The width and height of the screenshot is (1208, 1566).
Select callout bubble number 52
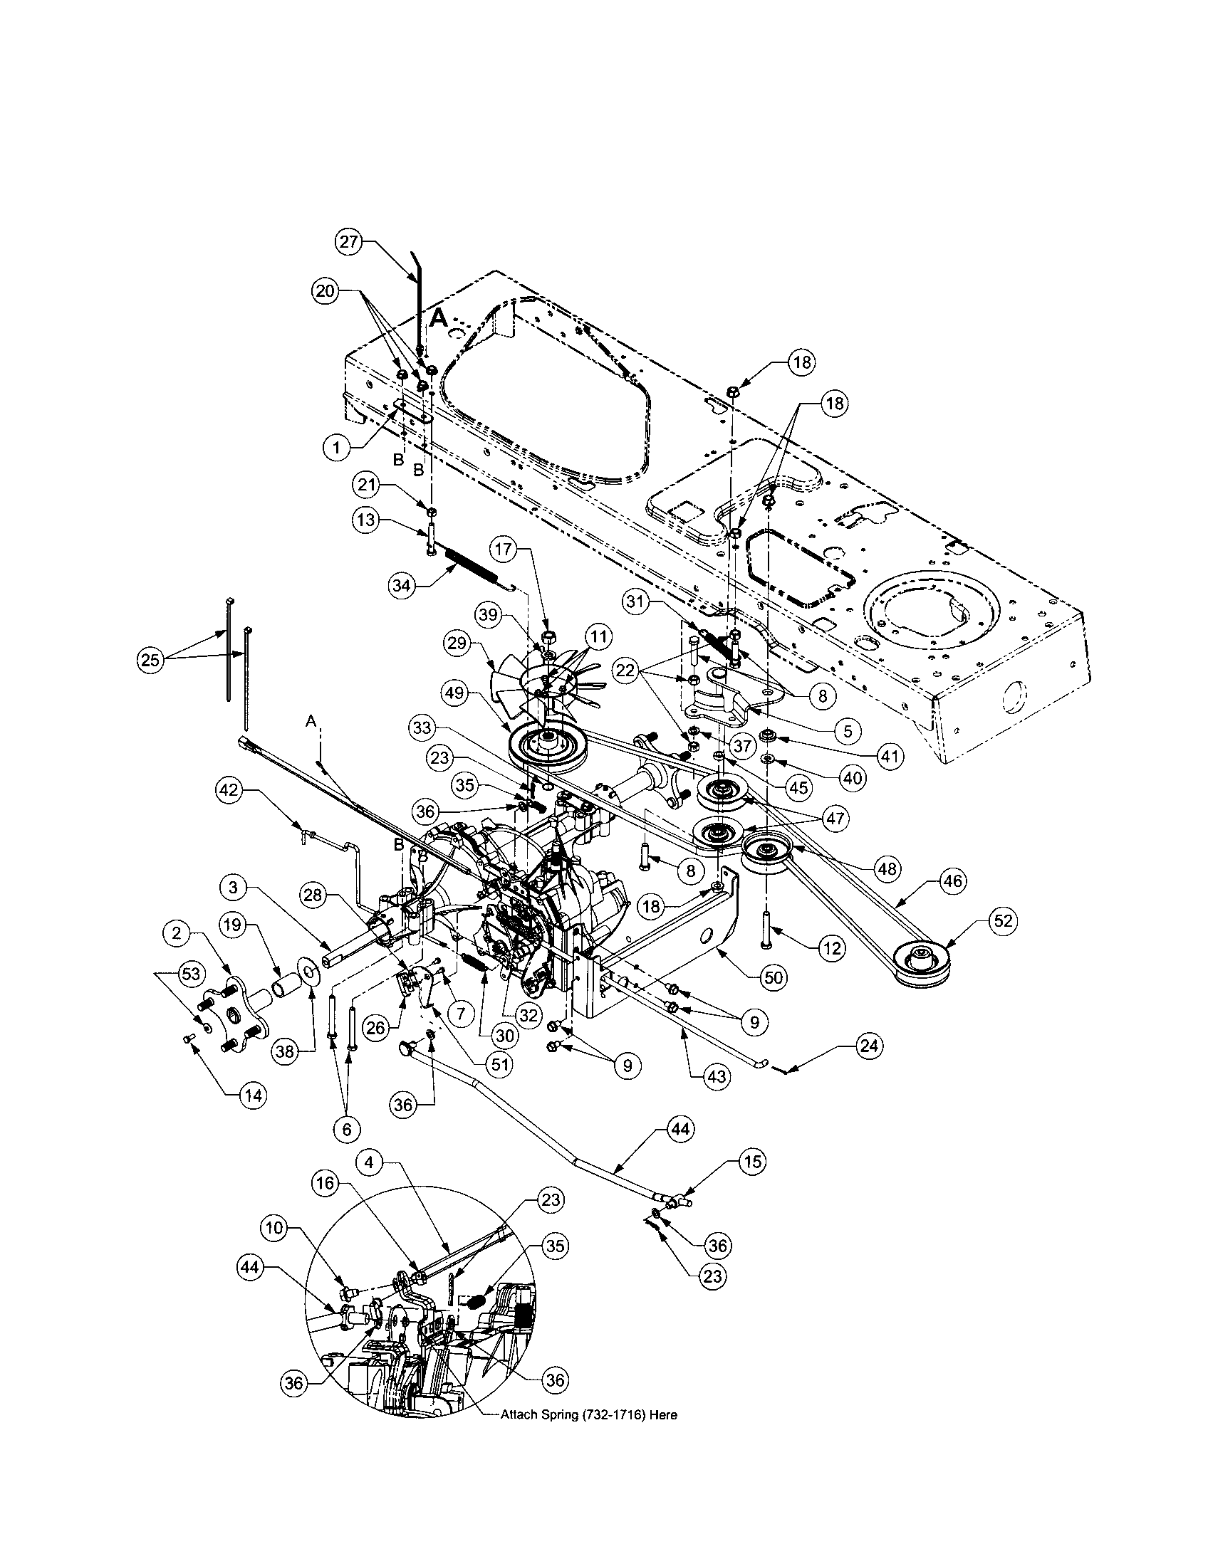click(x=1002, y=920)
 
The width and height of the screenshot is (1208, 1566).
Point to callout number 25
click(x=149, y=661)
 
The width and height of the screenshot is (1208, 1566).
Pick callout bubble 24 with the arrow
click(x=870, y=1046)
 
